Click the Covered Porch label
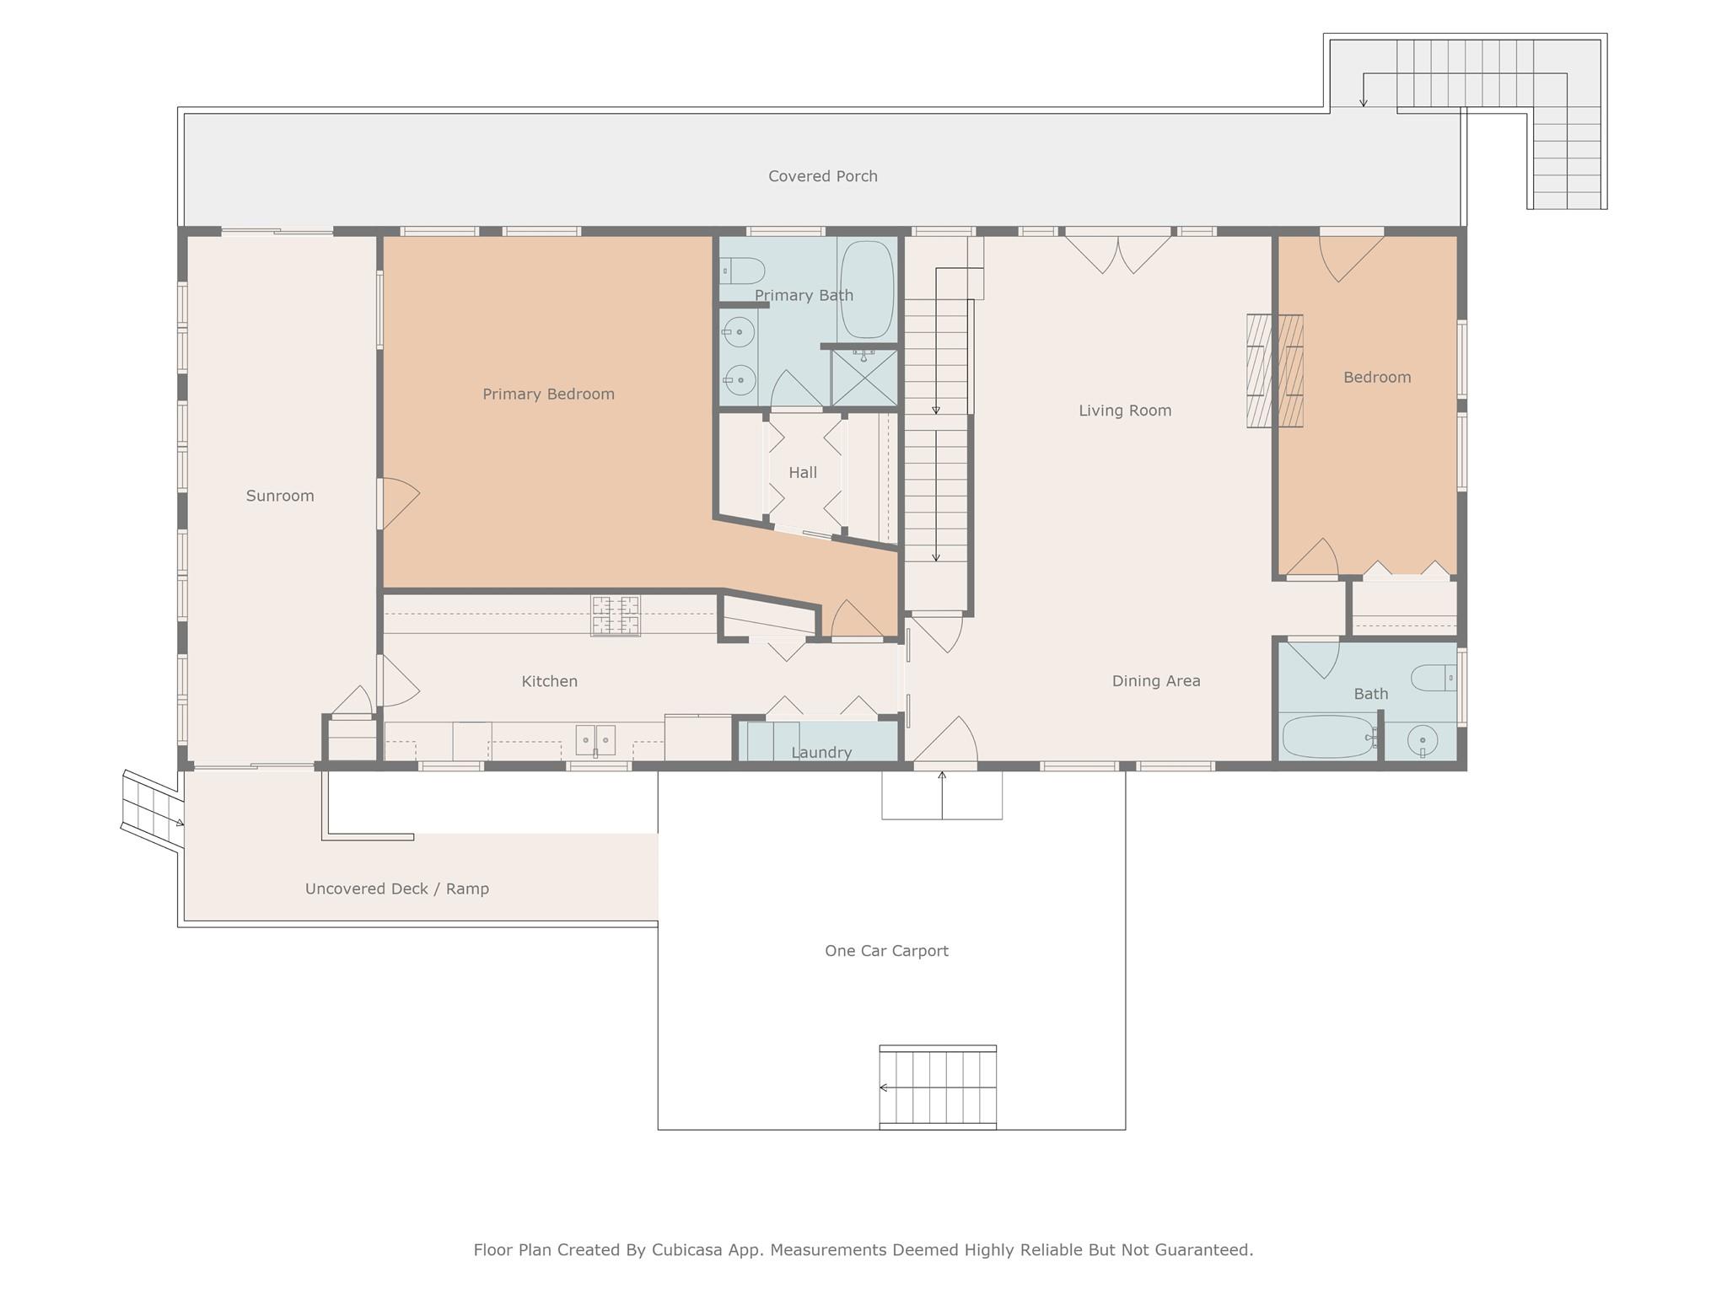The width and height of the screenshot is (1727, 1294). coord(822,176)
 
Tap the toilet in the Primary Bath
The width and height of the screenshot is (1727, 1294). coord(743,271)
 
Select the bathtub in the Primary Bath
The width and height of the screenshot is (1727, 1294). coord(867,290)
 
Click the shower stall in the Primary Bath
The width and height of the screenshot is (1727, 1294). coord(864,377)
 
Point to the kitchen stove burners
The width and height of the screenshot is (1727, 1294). coord(616,615)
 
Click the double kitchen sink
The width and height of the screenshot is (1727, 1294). coord(595,740)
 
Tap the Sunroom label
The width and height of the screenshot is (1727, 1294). coord(280,496)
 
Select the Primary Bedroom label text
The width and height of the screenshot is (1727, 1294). coord(548,394)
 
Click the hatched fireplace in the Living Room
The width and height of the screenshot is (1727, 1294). coord(1275,371)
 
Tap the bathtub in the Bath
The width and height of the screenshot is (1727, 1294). coord(1327,738)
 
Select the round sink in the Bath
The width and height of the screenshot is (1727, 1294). coord(1423,740)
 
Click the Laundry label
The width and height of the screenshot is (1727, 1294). coord(821,752)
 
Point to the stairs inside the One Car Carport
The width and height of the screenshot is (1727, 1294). coord(938,1087)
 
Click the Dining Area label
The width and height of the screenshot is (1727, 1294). coord(1155,681)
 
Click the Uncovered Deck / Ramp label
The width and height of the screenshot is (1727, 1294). coord(396,889)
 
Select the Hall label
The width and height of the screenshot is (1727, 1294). coord(803,473)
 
